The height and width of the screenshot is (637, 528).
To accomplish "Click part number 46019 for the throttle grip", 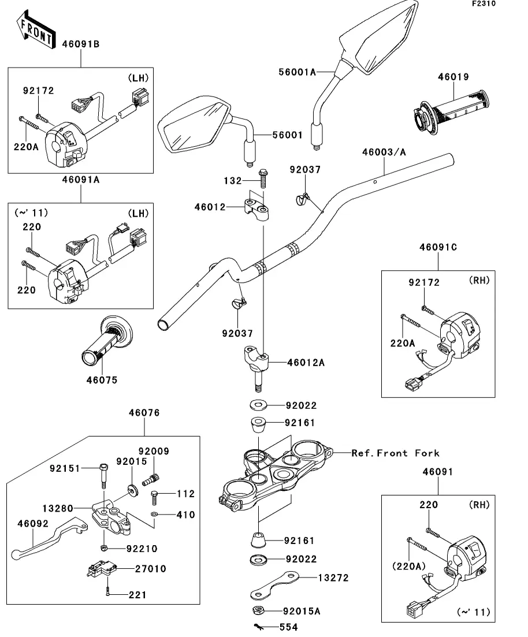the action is tap(453, 77).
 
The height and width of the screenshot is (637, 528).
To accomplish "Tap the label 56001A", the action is tap(297, 72).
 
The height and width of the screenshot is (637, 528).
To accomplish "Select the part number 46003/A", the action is tap(384, 152).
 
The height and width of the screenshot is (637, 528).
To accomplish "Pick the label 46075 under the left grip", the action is tap(102, 380).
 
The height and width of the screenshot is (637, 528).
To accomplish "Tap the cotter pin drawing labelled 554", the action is tap(259, 627).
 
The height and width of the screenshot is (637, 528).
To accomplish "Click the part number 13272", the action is tap(333, 578).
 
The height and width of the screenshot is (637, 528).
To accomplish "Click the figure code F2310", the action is tap(484, 3).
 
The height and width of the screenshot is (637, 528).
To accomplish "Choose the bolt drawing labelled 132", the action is tap(263, 178).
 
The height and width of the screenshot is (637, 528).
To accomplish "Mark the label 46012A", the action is tap(306, 362).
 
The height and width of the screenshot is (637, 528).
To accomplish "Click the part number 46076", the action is tap(144, 413).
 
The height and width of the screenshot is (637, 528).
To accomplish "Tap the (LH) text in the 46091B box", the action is tap(138, 77).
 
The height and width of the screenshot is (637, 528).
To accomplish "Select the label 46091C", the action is tap(438, 247).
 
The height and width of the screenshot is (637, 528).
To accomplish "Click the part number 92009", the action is tap(154, 451).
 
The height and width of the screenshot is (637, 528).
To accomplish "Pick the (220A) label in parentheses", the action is tap(409, 566).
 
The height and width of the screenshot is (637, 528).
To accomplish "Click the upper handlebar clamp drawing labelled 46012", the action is tap(256, 208).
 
